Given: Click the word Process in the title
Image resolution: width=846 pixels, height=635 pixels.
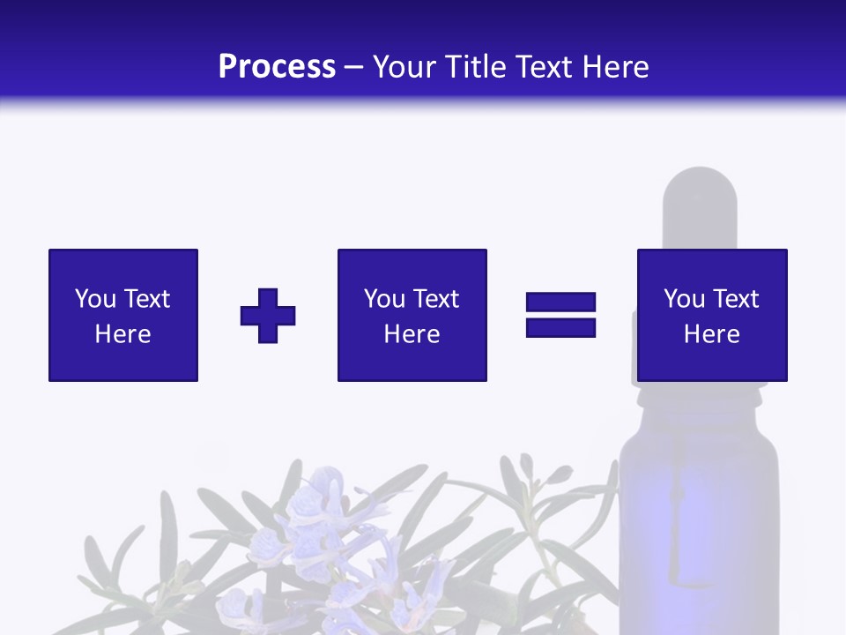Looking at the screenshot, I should point(277,67).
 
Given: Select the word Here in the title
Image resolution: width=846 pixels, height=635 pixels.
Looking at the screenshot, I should point(611,67).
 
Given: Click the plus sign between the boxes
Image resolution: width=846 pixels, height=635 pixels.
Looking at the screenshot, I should point(268,316).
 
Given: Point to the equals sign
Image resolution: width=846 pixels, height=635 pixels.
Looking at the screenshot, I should point(560,315).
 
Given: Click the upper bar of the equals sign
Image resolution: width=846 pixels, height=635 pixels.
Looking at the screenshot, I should point(560,303).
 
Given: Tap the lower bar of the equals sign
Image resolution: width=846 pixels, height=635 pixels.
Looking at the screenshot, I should point(560,327).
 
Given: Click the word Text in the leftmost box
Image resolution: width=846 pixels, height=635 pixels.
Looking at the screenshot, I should point(147,299).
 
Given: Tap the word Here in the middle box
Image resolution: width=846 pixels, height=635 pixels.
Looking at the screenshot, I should point(412,334).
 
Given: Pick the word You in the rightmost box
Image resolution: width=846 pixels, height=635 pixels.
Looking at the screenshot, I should point(685,299).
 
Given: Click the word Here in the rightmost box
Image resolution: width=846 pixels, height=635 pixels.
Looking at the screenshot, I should point(712,334).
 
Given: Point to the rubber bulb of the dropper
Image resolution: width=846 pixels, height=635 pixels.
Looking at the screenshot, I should point(700,203).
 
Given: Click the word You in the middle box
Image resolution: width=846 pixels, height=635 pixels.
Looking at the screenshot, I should point(385,299).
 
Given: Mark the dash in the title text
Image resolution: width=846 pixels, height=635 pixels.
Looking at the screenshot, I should point(353,67).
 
